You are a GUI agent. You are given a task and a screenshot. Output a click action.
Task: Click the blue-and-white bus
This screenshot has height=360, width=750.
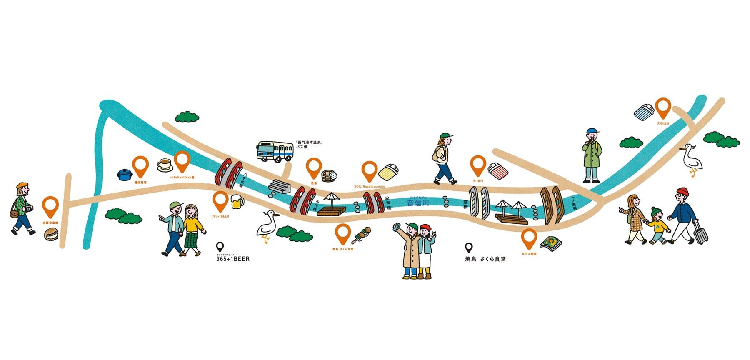[x=275, y=151]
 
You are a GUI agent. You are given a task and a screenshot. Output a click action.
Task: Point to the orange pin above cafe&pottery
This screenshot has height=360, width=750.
[x=182, y=161]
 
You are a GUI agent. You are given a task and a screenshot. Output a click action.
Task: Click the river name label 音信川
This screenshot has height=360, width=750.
[x=418, y=203]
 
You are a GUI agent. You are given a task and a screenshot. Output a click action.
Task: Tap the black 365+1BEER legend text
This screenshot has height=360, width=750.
[x=233, y=259]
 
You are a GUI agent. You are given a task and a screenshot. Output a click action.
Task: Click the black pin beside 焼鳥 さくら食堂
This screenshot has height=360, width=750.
[x=469, y=248]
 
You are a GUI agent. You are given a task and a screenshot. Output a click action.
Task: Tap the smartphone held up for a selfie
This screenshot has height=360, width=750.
[x=397, y=227]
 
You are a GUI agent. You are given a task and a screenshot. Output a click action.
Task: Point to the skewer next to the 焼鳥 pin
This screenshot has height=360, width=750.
[x=361, y=235]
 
